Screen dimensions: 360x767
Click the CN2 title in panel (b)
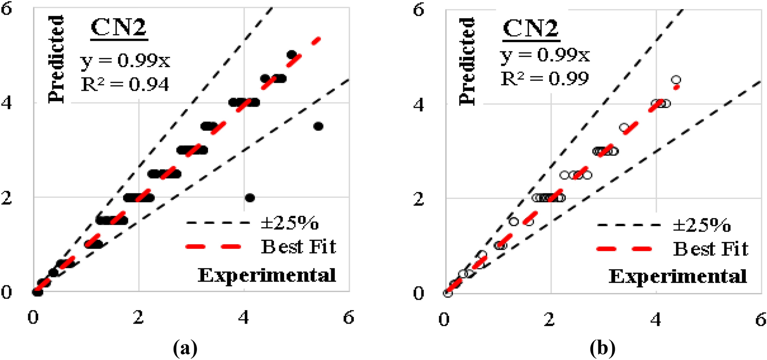pyautogui.click(x=531, y=29)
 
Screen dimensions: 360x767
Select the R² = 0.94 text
pyautogui.click(x=125, y=84)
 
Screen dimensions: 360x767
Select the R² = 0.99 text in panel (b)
pyautogui.click(x=545, y=79)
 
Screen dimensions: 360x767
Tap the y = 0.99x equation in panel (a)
pyautogui.click(x=125, y=61)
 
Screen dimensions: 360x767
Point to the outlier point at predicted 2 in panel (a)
pyautogui.click(x=250, y=198)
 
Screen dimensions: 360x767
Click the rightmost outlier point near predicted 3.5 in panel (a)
pyautogui.click(x=318, y=127)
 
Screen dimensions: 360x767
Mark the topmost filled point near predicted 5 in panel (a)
pyautogui.click(x=292, y=55)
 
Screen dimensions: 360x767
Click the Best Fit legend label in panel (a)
pyautogui.click(x=298, y=246)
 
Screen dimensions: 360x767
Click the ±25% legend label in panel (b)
pyautogui.click(x=702, y=225)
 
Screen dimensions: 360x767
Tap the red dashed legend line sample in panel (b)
pyautogui.click(x=624, y=249)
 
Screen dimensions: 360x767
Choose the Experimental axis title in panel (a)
pyautogui.click(x=267, y=275)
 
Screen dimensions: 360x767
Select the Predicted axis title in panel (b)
pyautogui.click(x=467, y=61)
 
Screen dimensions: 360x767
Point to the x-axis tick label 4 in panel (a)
pyautogui.click(x=244, y=318)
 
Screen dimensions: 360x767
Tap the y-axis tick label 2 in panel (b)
pyautogui.click(x=418, y=199)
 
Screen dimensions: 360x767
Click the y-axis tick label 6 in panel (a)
pyautogui.click(x=6, y=9)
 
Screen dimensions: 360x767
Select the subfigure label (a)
pyautogui.click(x=185, y=348)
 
